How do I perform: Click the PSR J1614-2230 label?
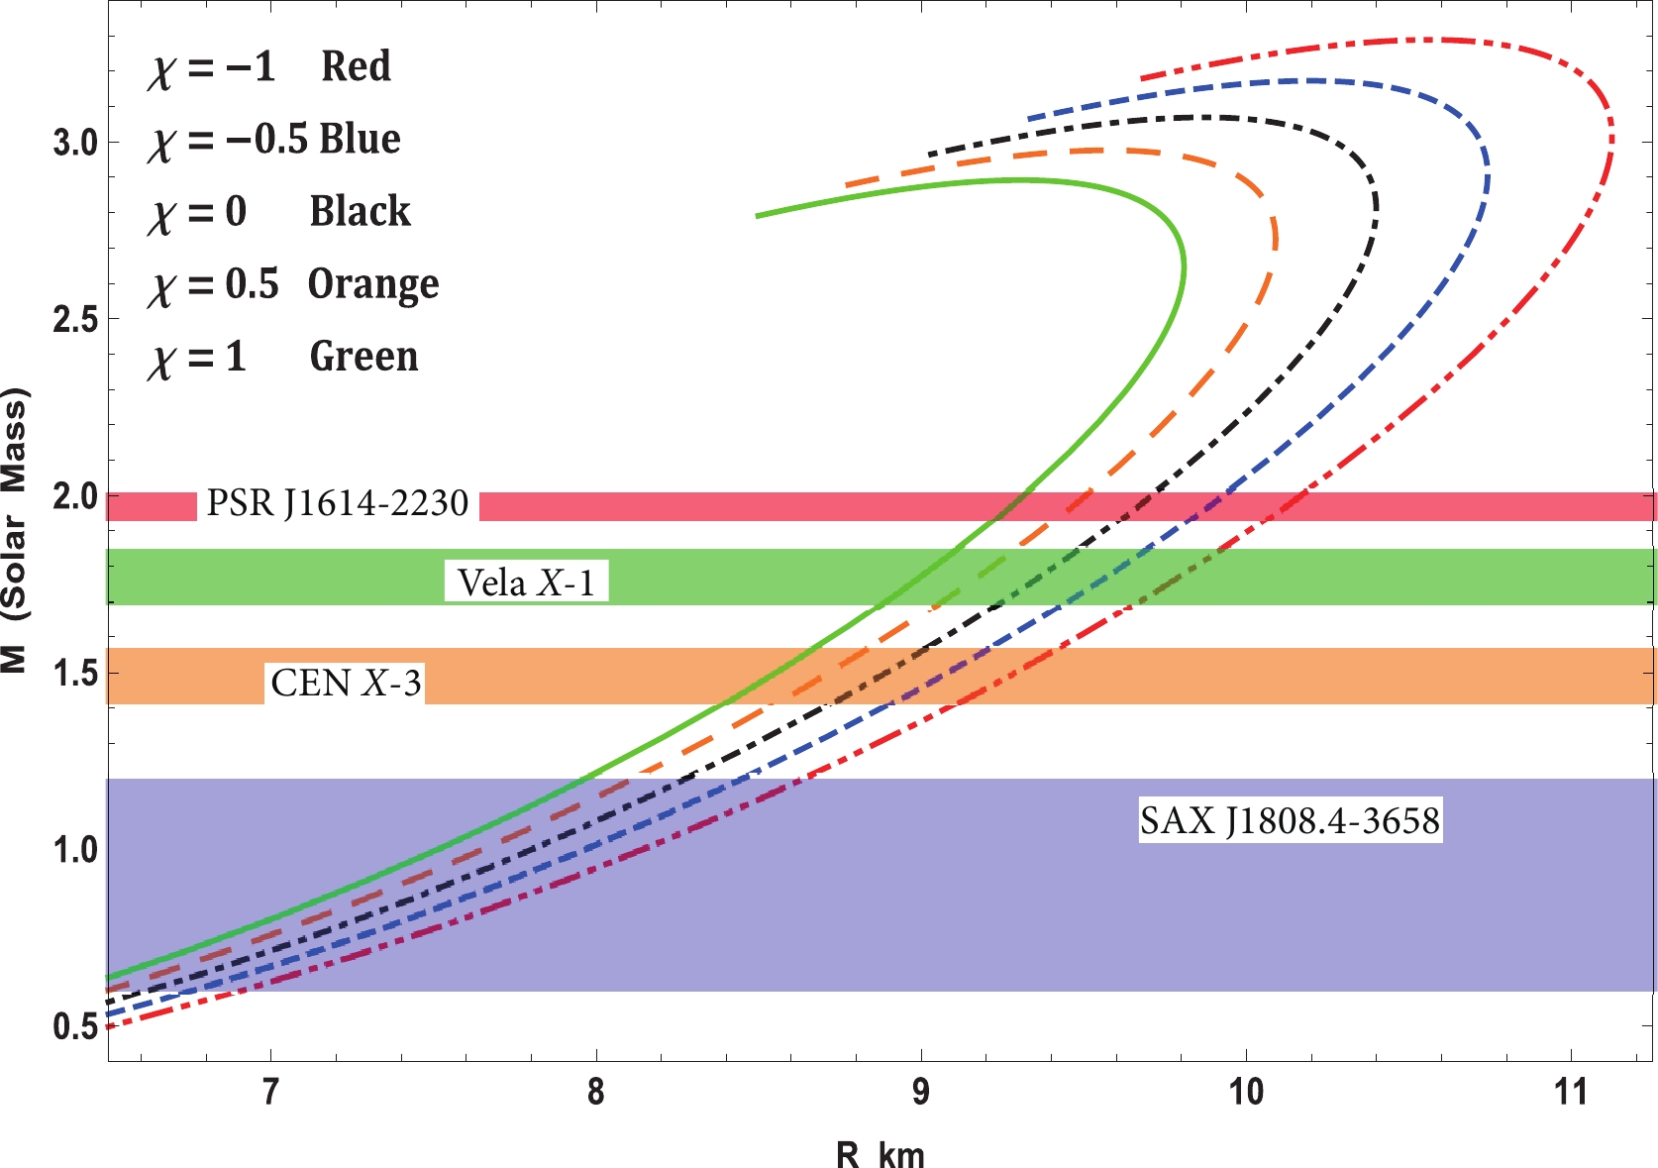pyautogui.click(x=337, y=504)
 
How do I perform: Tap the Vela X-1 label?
pyautogui.click(x=526, y=583)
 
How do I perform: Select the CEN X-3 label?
pyautogui.click(x=346, y=684)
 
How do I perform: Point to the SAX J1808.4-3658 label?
pyautogui.click(x=1290, y=821)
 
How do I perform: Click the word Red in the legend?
pyautogui.click(x=356, y=66)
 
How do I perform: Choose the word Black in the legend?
pyautogui.click(x=360, y=211)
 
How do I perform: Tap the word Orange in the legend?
pyautogui.click(x=373, y=284)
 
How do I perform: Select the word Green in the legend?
pyautogui.click(x=363, y=357)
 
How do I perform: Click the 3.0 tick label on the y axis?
pyautogui.click(x=75, y=143)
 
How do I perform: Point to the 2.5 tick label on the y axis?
pyautogui.click(x=75, y=320)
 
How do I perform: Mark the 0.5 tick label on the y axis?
pyautogui.click(x=75, y=1026)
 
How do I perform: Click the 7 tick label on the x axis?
pyautogui.click(x=269, y=1093)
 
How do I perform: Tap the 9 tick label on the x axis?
pyautogui.click(x=921, y=1093)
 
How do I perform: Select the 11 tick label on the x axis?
pyautogui.click(x=1571, y=1093)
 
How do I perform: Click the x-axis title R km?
pyautogui.click(x=880, y=1155)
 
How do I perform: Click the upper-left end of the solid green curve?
pyautogui.click(x=758, y=215)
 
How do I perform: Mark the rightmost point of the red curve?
pyautogui.click(x=1612, y=139)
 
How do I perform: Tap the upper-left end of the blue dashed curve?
pyautogui.click(x=1030, y=119)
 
